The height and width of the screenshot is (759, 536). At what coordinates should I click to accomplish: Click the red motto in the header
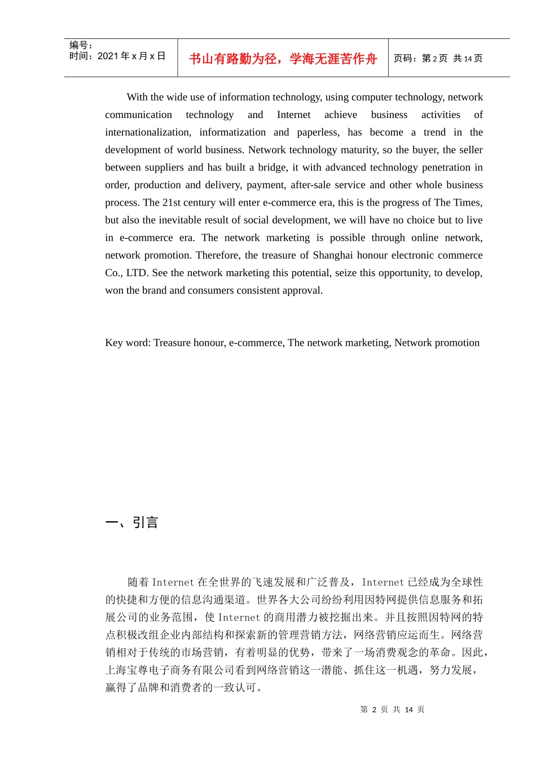283,59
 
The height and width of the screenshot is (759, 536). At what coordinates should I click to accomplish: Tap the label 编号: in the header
81,45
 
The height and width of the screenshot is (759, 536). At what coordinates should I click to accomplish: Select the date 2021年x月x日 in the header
131,56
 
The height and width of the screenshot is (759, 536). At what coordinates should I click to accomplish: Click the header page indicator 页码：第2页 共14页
438,58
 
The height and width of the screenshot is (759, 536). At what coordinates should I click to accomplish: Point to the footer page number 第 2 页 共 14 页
392,709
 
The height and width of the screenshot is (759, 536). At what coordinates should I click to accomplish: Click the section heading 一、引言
131,522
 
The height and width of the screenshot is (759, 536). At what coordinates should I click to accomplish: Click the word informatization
232,132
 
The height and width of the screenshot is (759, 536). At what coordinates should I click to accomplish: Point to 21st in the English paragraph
172,202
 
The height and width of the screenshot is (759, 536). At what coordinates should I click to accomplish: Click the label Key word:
128,343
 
